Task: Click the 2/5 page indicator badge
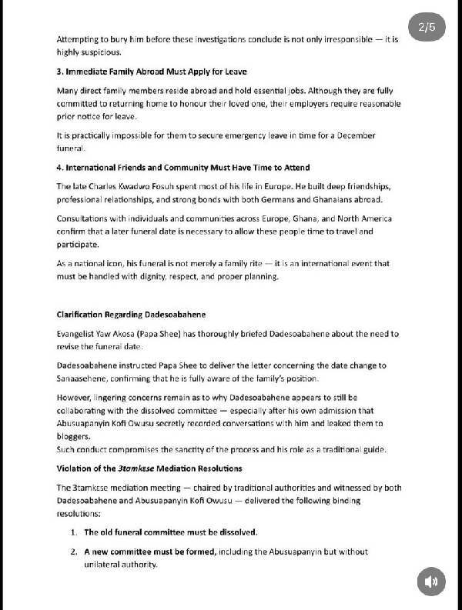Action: pos(427,28)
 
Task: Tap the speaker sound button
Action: pos(432,581)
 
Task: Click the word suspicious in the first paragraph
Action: pos(99,52)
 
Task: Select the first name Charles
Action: pos(103,186)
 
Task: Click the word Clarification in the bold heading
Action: pos(81,315)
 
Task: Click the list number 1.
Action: pos(74,532)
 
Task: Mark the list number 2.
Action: pos(74,552)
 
